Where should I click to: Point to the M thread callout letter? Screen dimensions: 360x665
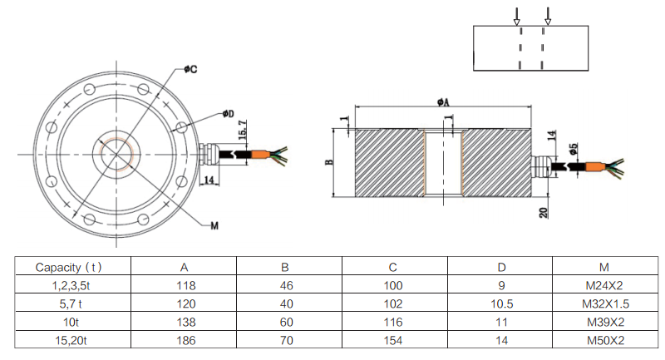214,226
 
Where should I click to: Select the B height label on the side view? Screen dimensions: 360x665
330,163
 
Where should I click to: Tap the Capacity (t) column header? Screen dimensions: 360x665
70,267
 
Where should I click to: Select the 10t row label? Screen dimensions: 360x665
70,322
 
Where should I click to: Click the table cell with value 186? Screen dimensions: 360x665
184,340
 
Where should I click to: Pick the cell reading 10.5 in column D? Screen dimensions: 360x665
500,303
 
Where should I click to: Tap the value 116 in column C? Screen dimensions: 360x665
395,322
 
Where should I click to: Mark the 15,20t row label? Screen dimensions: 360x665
70,340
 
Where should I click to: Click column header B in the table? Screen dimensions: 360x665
285,267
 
